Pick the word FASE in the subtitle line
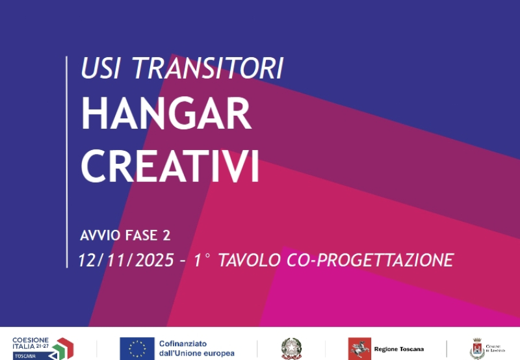pos(141,235)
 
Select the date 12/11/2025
pos(125,261)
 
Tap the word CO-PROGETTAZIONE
pos(369,261)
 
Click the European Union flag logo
pos(136,348)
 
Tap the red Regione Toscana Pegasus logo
pos(359,348)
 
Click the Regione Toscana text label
pos(398,349)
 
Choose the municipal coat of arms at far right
pos(476,348)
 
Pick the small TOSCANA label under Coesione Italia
pos(26,356)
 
